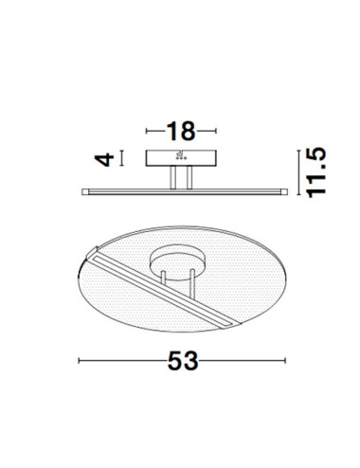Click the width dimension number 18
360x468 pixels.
click(180, 131)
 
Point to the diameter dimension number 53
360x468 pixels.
click(181, 361)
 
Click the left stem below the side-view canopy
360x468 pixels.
click(171, 177)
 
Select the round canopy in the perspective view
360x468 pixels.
click(177, 260)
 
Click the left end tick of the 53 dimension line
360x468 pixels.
click(78, 361)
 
